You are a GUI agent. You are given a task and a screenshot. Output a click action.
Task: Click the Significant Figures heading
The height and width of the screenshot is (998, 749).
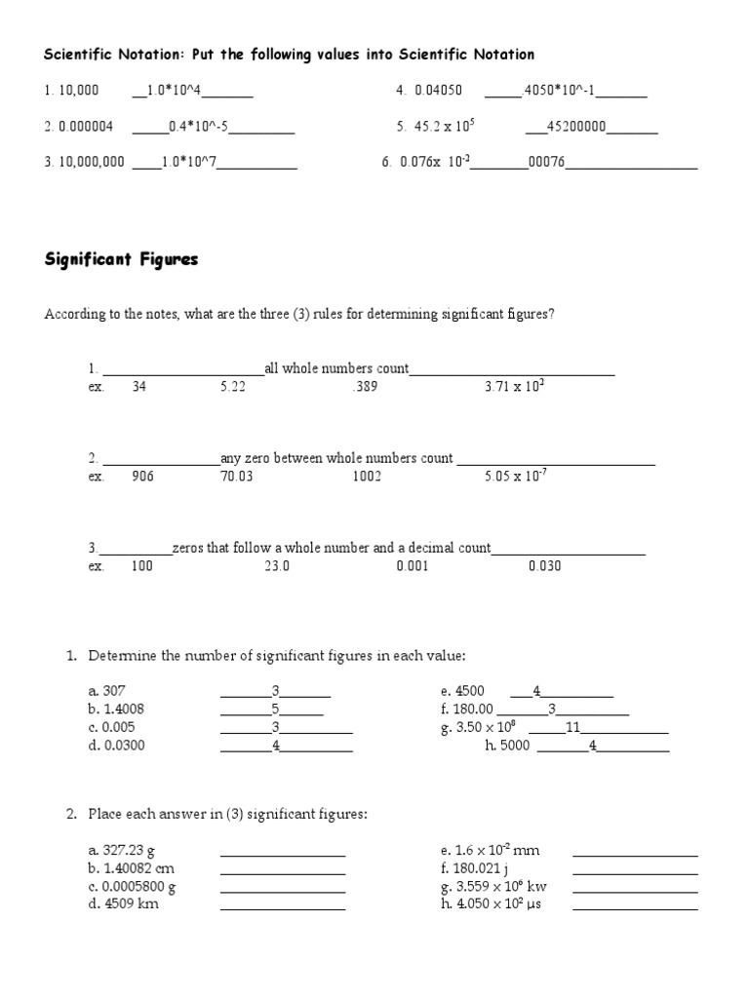pyautogui.click(x=122, y=259)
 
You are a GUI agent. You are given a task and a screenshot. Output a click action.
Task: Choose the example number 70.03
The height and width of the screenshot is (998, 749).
pyautogui.click(x=236, y=477)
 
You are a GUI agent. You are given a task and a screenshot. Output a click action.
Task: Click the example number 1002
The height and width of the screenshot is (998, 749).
pyautogui.click(x=367, y=477)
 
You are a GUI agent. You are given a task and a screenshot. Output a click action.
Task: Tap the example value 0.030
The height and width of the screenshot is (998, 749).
pyautogui.click(x=544, y=566)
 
